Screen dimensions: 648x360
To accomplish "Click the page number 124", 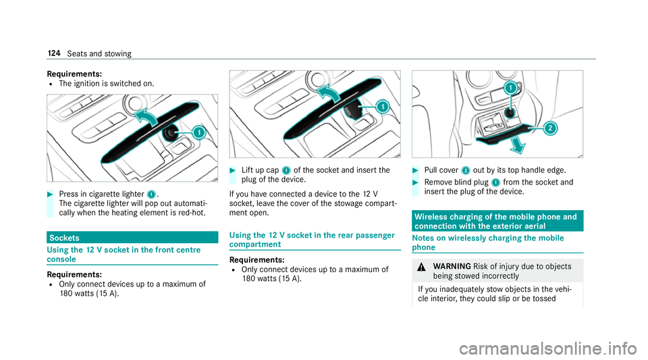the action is tap(54, 53).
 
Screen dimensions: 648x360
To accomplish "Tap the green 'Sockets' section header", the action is tap(132, 238).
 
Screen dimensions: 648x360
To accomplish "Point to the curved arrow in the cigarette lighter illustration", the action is tap(146, 117).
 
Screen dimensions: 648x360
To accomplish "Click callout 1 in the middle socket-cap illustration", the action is tap(383, 107).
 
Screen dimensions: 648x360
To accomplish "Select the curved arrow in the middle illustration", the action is tap(328, 93).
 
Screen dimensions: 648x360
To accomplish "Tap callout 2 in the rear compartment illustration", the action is tap(550, 128).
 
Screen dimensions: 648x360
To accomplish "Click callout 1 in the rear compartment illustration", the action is tap(511, 88).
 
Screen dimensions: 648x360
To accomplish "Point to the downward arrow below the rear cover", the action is tap(517, 145).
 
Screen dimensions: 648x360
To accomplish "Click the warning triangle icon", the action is tap(421, 267).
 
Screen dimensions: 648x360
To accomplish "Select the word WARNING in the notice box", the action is tap(452, 267).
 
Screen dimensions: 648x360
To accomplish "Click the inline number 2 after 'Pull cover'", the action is tap(466, 170).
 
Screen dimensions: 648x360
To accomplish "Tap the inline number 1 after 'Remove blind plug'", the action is tap(496, 182).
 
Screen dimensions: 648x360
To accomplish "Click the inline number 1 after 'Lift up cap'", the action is tap(286, 170).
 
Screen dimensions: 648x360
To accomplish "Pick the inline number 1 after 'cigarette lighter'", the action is tap(151, 195).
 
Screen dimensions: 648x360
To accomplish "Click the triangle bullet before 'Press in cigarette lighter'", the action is tap(50, 195).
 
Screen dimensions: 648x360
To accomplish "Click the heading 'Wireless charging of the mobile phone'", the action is tap(495, 221).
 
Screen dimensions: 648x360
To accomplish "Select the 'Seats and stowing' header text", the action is tap(99, 54).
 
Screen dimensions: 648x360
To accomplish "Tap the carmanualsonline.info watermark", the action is tap(548, 348).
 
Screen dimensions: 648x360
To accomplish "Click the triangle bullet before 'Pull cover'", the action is tap(415, 170).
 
